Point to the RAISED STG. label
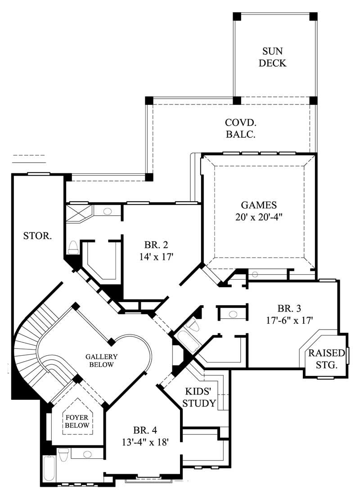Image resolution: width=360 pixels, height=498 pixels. click(x=326, y=359)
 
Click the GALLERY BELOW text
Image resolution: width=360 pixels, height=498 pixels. click(x=100, y=360)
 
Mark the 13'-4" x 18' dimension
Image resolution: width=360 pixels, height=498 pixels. click(x=144, y=442)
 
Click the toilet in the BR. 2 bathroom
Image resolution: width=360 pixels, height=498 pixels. click(x=72, y=246)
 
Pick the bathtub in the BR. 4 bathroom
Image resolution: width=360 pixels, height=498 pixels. click(x=49, y=469)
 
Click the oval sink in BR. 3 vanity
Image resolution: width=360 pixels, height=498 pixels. click(x=233, y=313)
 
